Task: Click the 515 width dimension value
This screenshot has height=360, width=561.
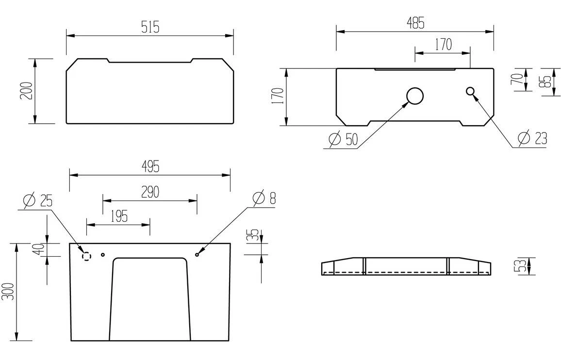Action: click(x=150, y=27)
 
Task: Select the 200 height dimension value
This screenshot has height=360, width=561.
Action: click(x=27, y=91)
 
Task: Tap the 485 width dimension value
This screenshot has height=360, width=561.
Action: click(x=415, y=23)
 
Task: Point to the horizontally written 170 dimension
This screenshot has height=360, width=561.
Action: click(x=443, y=45)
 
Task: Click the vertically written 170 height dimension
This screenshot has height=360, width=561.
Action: click(x=277, y=97)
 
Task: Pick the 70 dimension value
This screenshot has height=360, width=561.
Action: click(x=518, y=79)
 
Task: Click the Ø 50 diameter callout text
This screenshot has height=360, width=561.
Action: click(x=343, y=140)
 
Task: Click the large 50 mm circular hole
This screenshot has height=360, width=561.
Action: click(x=415, y=96)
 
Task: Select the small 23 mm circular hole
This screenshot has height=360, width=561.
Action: click(x=470, y=91)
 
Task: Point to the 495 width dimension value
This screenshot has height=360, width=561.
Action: click(x=150, y=166)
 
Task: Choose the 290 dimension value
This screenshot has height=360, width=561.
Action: click(x=150, y=192)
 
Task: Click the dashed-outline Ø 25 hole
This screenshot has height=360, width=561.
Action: click(x=86, y=255)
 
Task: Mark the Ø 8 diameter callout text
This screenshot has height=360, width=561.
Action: click(x=264, y=198)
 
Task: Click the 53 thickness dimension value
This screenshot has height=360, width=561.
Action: click(x=518, y=266)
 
